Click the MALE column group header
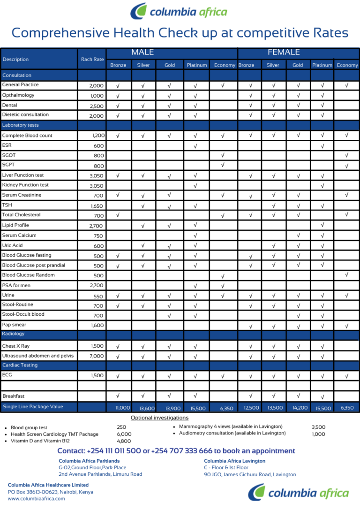click(142, 53)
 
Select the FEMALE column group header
click(284, 53)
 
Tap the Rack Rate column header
click(92, 60)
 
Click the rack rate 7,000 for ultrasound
click(97, 356)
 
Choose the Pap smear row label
click(14, 325)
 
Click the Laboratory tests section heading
click(21, 125)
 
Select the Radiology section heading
click(13, 334)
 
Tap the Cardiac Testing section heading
click(20, 365)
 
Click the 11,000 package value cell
click(122, 408)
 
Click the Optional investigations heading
click(159, 418)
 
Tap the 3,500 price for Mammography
click(318, 427)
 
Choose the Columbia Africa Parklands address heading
click(89, 461)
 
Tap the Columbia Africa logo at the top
click(179, 12)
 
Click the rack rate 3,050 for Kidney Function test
click(97, 186)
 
